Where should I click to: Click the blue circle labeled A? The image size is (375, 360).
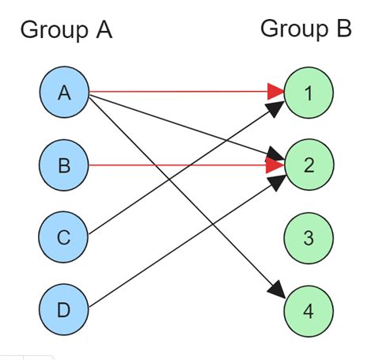click(64, 92)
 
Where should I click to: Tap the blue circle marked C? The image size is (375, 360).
click(64, 237)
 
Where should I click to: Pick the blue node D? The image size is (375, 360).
click(64, 309)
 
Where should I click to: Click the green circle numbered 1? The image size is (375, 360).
click(309, 92)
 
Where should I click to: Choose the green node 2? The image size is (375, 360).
click(309, 165)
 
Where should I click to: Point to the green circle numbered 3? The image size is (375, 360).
click(309, 237)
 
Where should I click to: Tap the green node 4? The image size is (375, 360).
click(309, 309)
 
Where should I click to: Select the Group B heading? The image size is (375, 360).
click(305, 29)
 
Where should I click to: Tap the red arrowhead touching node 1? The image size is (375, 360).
click(275, 92)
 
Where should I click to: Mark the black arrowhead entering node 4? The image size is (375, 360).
click(277, 290)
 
